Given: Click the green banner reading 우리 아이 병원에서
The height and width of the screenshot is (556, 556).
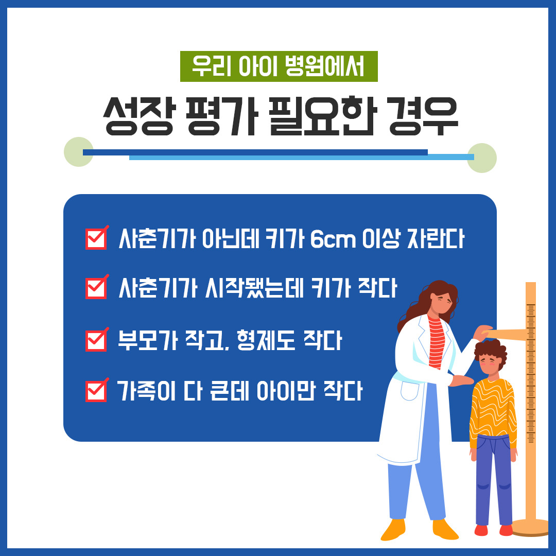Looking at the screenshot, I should [x=279, y=66].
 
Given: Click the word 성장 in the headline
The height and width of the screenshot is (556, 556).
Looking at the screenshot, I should [x=138, y=116].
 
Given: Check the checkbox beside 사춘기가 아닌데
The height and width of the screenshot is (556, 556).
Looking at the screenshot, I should [x=96, y=239].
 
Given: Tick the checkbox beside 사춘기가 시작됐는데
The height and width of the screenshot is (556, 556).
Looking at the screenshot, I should [x=96, y=288].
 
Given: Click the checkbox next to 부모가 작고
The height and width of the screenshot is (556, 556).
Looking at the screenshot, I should [x=96, y=340].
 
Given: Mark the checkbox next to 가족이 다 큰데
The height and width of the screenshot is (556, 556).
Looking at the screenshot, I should [x=96, y=391].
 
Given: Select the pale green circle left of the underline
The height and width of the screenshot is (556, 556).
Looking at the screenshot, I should [x=78, y=152].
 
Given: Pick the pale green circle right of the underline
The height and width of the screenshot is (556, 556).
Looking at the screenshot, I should [x=482, y=158].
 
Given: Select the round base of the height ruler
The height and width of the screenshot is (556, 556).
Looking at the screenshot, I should [x=530, y=527].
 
